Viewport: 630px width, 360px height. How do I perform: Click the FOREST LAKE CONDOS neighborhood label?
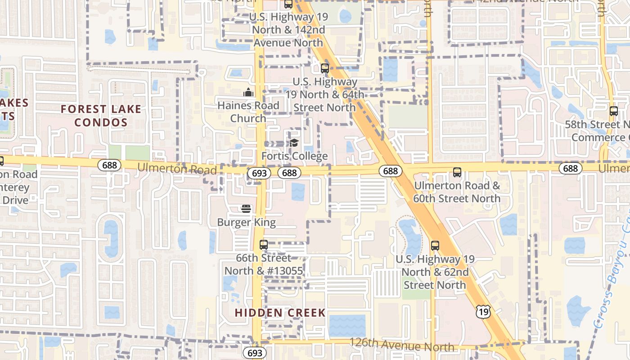pyautogui.click(x=101, y=116)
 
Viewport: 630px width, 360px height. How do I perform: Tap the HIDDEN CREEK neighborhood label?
pyautogui.click(x=280, y=313)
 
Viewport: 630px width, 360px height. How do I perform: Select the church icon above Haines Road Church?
pyautogui.click(x=248, y=93)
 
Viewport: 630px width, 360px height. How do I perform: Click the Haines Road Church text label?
pyautogui.click(x=248, y=112)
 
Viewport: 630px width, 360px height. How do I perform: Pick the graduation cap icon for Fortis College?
pyautogui.click(x=294, y=143)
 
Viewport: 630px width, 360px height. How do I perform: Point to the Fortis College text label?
pyautogui.click(x=295, y=156)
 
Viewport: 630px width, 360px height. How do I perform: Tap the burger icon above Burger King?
pyautogui.click(x=246, y=209)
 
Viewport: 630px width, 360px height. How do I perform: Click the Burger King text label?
pyautogui.click(x=246, y=222)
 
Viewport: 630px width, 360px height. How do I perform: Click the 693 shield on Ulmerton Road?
pyautogui.click(x=259, y=173)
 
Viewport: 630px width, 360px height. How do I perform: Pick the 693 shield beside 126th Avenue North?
pyautogui.click(x=255, y=352)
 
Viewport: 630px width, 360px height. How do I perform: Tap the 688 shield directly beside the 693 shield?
pyautogui.click(x=289, y=172)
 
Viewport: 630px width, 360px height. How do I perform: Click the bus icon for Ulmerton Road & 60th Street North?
pyautogui.click(x=457, y=172)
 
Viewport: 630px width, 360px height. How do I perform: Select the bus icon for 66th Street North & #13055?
pyautogui.click(x=264, y=245)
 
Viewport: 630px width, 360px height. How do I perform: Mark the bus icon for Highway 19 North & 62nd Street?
pyautogui.click(x=435, y=245)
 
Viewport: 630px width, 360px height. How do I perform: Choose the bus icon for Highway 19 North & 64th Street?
pyautogui.click(x=325, y=68)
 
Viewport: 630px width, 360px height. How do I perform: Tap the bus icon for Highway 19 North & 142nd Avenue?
pyautogui.click(x=288, y=4)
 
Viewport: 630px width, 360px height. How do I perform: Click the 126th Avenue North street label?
pyautogui.click(x=402, y=345)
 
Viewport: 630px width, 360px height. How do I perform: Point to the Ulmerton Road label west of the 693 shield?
pyautogui.click(x=177, y=168)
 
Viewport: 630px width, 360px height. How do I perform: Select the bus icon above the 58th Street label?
pyautogui.click(x=613, y=111)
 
